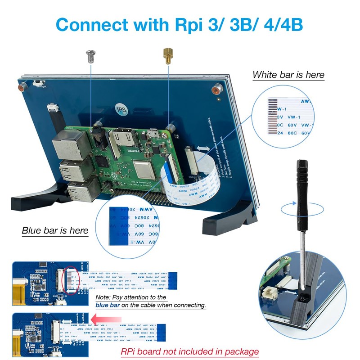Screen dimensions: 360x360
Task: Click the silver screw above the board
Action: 91,56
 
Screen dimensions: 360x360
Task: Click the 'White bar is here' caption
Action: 288,75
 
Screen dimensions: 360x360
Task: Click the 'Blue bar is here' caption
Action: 55,230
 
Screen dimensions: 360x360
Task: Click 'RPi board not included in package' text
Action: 189,351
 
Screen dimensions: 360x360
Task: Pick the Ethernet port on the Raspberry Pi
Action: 66,147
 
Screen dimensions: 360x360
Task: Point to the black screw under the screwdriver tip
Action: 303,297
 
